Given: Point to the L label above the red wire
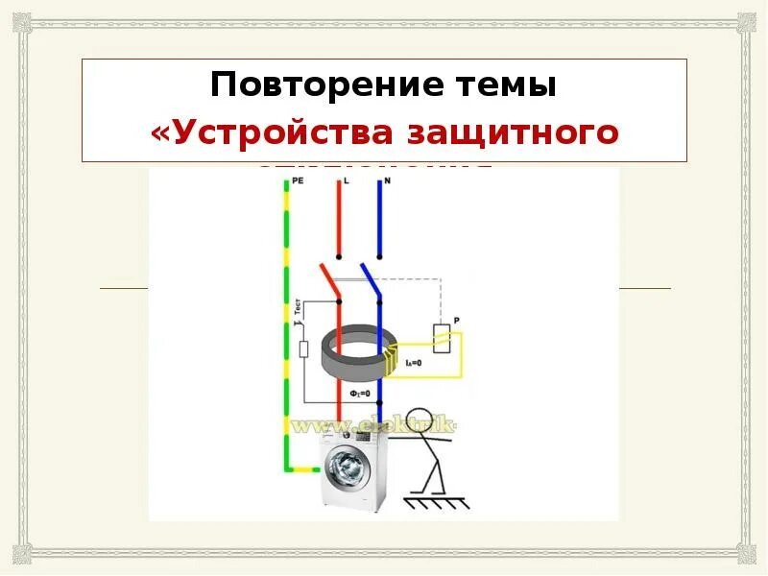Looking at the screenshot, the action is pyautogui.click(x=346, y=180).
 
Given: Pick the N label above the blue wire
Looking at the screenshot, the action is pyautogui.click(x=387, y=180).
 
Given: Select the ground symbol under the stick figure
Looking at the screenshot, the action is pyautogui.click(x=433, y=501).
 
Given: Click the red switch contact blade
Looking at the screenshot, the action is pyautogui.click(x=331, y=281).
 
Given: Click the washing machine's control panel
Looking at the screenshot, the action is pyautogui.click(x=355, y=438).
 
